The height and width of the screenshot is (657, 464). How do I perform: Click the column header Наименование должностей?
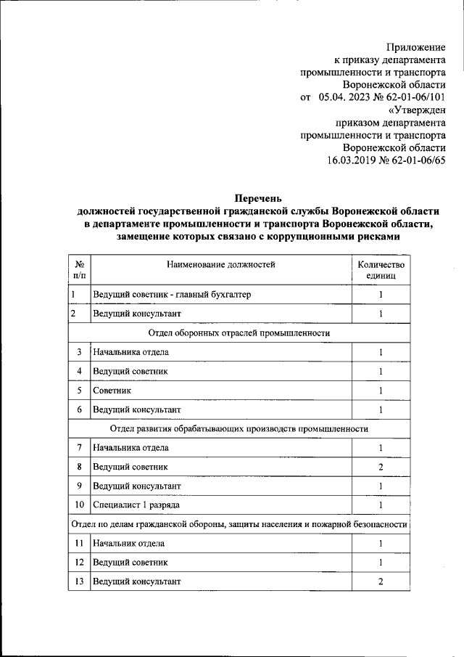pos(221,265)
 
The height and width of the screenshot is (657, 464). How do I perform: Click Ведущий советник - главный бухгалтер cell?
pos(173,295)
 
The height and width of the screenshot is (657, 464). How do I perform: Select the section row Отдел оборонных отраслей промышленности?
pos(239,332)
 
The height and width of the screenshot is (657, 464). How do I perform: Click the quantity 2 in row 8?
pos(381,466)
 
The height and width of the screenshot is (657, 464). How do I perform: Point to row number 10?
pos(78,504)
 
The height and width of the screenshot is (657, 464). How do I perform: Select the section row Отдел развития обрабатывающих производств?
pos(239,428)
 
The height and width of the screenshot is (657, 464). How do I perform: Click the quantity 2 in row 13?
pos(381,581)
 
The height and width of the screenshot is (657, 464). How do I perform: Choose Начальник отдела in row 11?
pos(129,543)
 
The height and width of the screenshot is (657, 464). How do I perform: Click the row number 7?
pos(78,447)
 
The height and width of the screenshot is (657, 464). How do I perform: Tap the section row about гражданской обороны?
pos(239,523)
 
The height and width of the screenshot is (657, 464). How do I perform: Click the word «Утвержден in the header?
pos(418,110)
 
